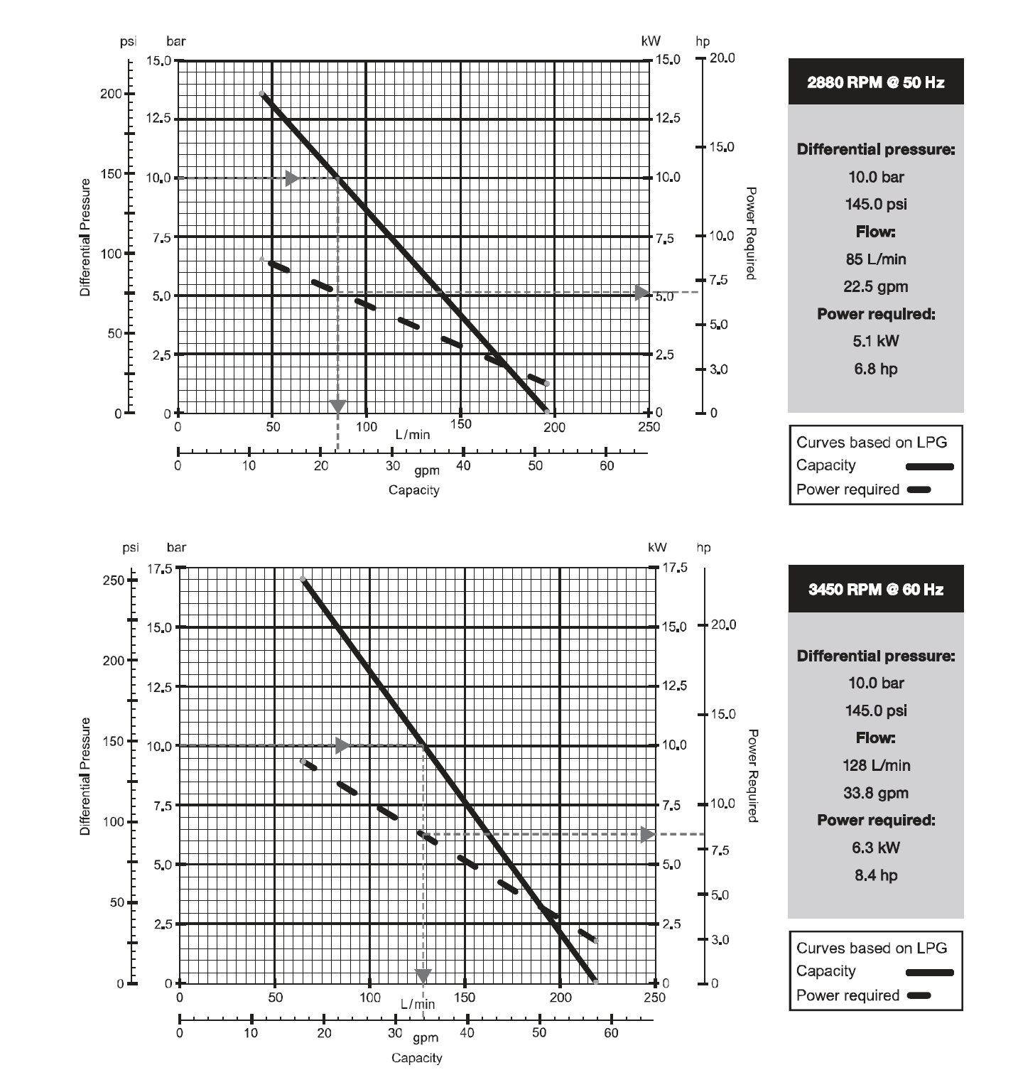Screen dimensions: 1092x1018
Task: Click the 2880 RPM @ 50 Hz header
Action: pyautogui.click(x=875, y=82)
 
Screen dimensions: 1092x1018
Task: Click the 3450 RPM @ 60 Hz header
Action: pyautogui.click(x=875, y=589)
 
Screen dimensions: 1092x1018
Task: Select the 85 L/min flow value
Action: pyautogui.click(x=875, y=259)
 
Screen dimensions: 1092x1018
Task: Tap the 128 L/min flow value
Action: pyautogui.click(x=875, y=766)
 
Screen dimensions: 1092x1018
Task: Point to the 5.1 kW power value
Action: pyautogui.click(x=875, y=341)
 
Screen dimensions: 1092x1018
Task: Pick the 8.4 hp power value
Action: pyautogui.click(x=875, y=875)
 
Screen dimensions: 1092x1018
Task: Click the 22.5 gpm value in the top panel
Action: pyautogui.click(x=875, y=287)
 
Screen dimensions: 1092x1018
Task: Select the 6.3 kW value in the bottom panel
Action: pyautogui.click(x=875, y=848)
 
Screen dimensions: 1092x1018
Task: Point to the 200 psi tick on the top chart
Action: pyautogui.click(x=112, y=94)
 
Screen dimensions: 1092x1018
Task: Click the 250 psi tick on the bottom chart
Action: pyautogui.click(x=114, y=580)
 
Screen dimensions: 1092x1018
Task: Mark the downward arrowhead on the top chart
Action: pyautogui.click(x=338, y=406)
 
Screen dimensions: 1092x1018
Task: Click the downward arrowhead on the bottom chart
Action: pyautogui.click(x=423, y=976)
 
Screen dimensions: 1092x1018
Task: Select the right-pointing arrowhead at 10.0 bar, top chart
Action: pyautogui.click(x=292, y=178)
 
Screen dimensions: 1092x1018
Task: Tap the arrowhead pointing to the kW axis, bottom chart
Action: pyautogui.click(x=647, y=834)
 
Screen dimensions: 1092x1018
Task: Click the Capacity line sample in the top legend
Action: pyautogui.click(x=929, y=467)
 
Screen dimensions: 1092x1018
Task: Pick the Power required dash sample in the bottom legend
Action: pyautogui.click(x=919, y=995)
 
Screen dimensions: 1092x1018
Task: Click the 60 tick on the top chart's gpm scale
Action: pyautogui.click(x=606, y=466)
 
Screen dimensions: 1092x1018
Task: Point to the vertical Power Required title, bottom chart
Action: pyautogui.click(x=752, y=775)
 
